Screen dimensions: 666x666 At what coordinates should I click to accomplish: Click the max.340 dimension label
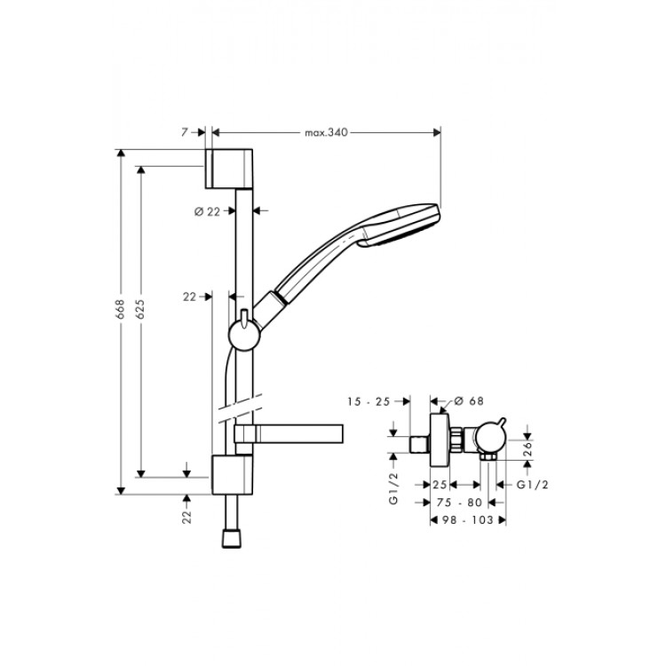pyautogui.click(x=326, y=132)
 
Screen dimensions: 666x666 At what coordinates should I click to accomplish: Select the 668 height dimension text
pyautogui.click(x=121, y=309)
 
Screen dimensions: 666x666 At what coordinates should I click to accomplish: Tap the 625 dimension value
pyautogui.click(x=140, y=309)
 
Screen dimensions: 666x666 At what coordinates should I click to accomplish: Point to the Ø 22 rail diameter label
pyautogui.click(x=207, y=211)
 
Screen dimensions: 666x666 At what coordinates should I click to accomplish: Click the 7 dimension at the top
pyautogui.click(x=184, y=132)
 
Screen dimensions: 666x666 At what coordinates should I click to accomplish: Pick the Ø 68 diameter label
pyautogui.click(x=469, y=401)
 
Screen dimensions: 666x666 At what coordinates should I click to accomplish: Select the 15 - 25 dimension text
pyautogui.click(x=369, y=401)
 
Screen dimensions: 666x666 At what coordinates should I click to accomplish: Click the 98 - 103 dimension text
pyautogui.click(x=468, y=519)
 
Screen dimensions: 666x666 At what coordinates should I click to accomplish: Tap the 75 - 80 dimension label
pyautogui.click(x=459, y=503)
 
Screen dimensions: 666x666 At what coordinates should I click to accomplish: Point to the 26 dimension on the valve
pyautogui.click(x=527, y=449)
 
